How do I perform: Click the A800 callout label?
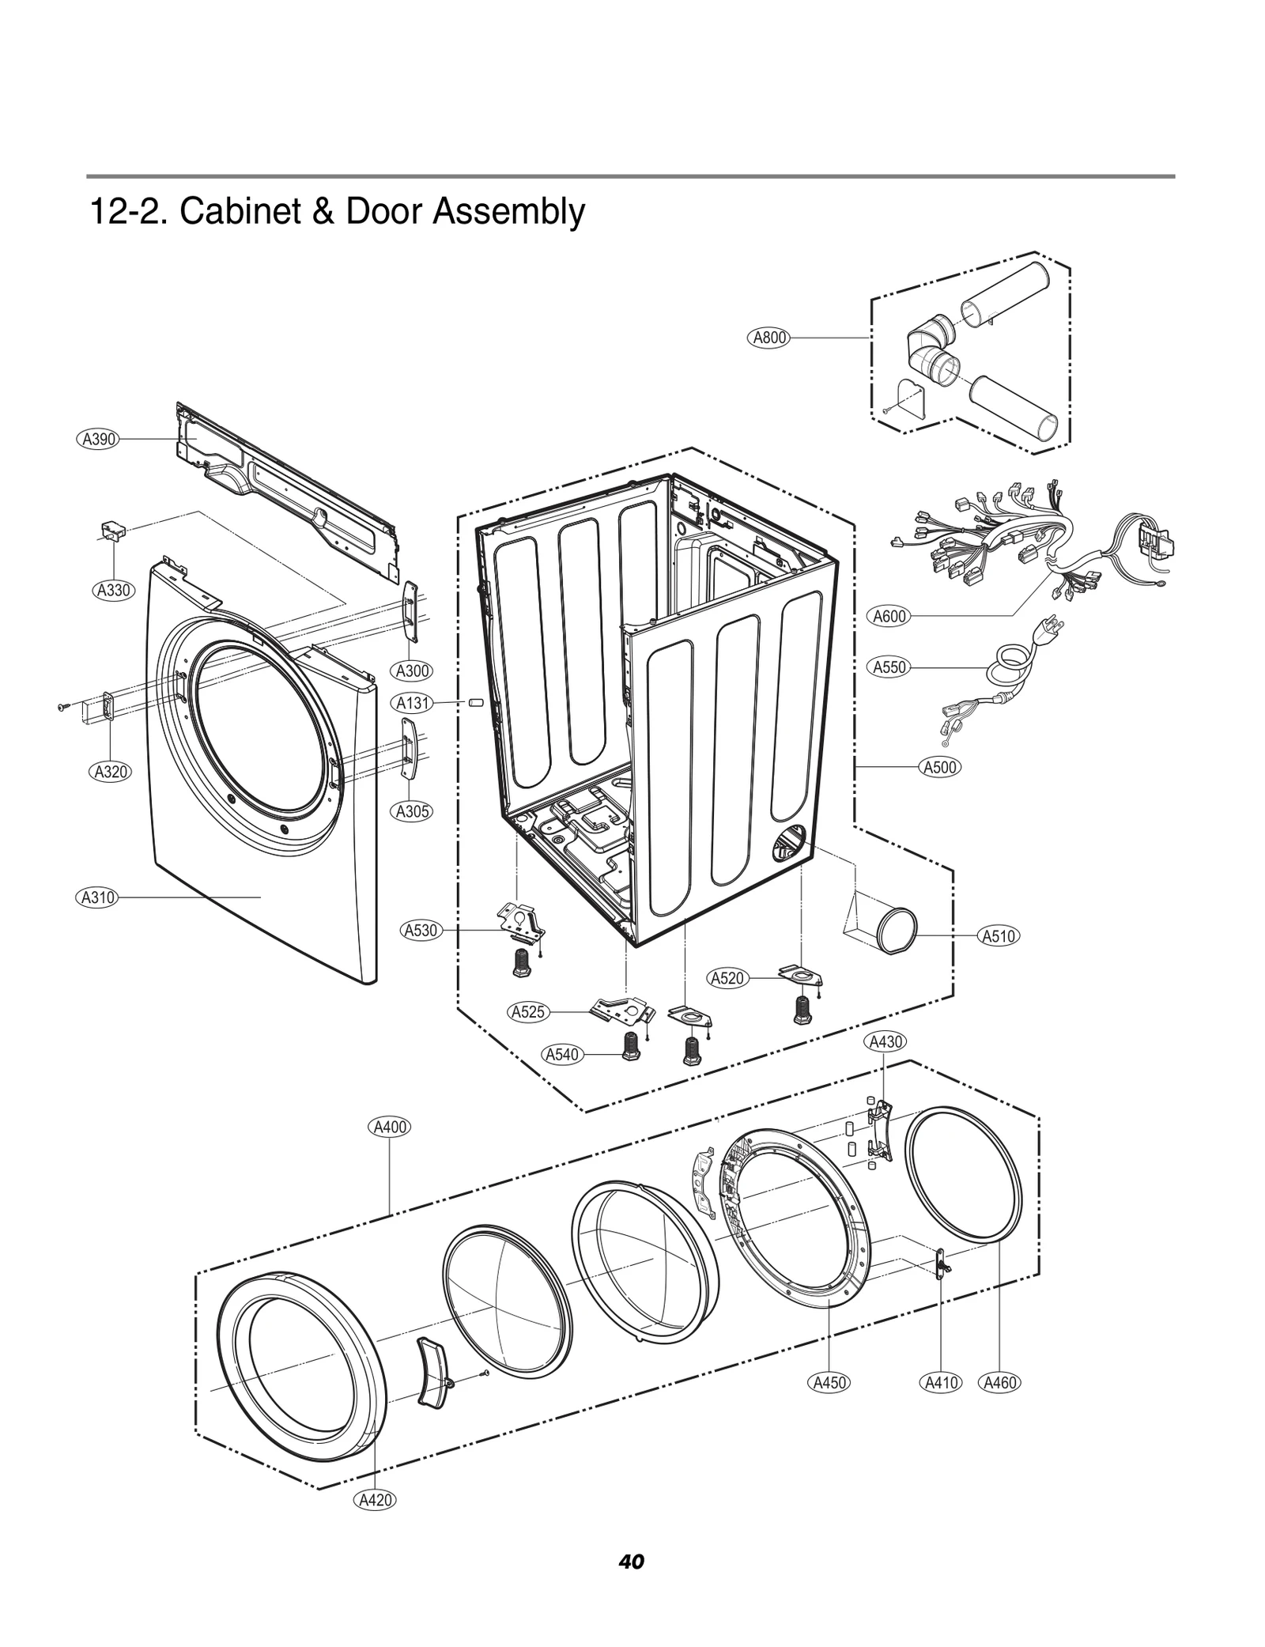[768, 338]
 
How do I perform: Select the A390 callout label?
[99, 439]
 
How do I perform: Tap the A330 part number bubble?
[113, 590]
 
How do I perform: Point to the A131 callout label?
[413, 702]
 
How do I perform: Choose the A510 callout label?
[999, 936]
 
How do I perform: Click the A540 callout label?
[563, 1054]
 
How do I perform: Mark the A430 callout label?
[885, 1041]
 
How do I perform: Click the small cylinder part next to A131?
[475, 702]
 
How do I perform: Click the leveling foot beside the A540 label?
[632, 1048]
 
